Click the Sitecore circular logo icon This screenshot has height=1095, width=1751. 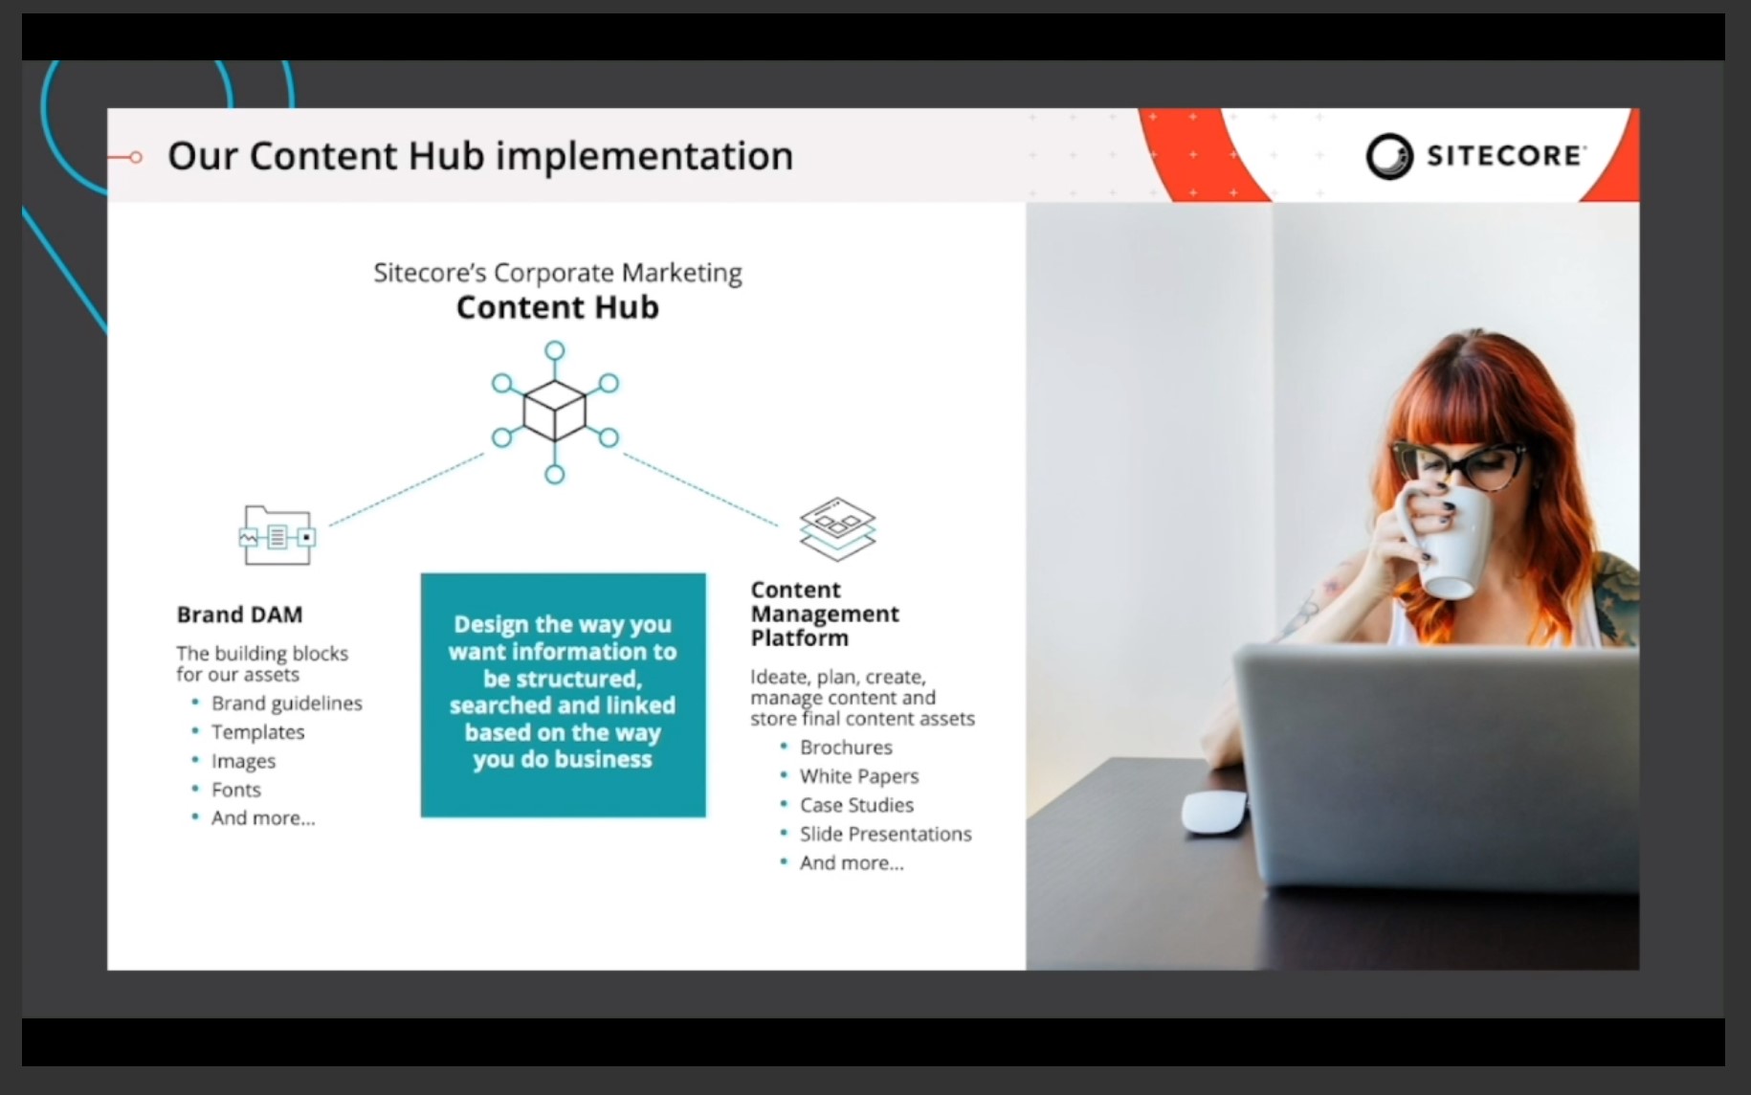coord(1389,156)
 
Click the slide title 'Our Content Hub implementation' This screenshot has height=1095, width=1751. coord(480,156)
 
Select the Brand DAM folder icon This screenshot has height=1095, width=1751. coord(277,535)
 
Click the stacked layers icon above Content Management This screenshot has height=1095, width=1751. coord(837,527)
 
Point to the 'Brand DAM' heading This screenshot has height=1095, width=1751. coord(239,615)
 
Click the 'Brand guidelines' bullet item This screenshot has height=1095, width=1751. coord(287,704)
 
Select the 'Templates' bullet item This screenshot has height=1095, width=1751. coord(258,732)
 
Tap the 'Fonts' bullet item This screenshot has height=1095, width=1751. coord(236,790)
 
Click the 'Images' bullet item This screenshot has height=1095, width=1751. coord(243,761)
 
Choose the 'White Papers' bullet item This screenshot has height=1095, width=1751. coord(859,776)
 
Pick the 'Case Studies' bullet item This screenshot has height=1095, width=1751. coord(856,805)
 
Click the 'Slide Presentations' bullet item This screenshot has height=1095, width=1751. coord(886,834)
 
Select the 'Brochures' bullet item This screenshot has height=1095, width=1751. coord(846,748)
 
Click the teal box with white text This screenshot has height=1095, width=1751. coord(564,695)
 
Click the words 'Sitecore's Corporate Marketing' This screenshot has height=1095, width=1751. coord(558,274)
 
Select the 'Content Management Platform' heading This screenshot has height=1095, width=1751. coord(825,614)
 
